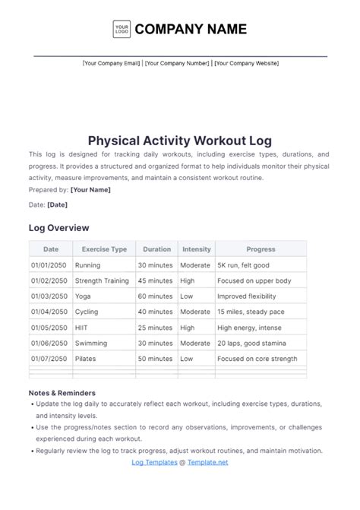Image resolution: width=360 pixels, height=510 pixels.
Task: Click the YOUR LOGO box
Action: (121, 30)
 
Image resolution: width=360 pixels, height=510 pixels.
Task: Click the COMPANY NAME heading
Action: (191, 30)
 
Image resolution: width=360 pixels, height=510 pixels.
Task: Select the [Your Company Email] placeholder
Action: (111, 64)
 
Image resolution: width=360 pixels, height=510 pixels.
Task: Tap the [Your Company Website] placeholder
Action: (246, 64)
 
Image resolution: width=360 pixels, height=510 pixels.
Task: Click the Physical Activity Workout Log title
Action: (179, 141)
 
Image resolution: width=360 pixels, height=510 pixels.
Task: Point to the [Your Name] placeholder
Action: (90, 189)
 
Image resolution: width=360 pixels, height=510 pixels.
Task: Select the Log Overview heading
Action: (58, 227)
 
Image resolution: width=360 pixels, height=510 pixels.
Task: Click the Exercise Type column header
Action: (104, 249)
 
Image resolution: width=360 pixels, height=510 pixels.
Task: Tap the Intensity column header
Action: (197, 249)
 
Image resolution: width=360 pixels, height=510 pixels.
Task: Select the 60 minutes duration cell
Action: (155, 296)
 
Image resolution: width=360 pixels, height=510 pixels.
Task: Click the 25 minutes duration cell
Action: (155, 328)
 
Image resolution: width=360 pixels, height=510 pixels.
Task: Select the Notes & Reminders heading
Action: (62, 393)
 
